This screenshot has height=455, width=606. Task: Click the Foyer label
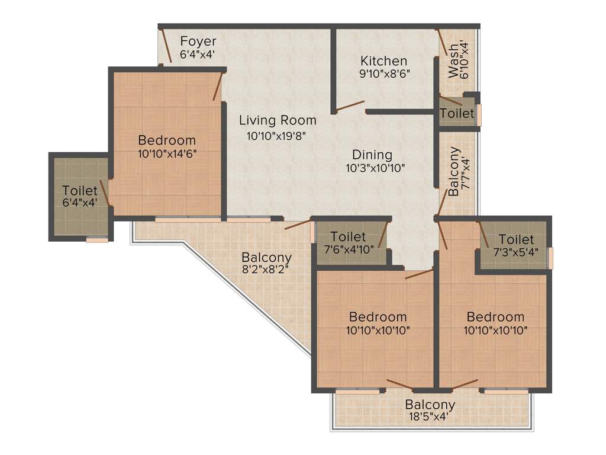(198, 41)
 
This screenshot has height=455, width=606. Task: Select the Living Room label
(278, 120)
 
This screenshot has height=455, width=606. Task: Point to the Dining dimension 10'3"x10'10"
(375, 168)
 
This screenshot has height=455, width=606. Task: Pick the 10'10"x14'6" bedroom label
(166, 140)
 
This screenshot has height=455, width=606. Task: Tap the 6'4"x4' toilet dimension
(79, 203)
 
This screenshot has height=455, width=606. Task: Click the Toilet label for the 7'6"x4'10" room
(348, 237)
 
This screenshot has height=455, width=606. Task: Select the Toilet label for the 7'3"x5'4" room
(516, 239)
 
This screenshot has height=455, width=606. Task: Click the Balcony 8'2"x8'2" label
(266, 258)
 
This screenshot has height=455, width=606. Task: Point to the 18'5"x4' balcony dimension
(430, 416)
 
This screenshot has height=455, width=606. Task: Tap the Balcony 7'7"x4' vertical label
(453, 172)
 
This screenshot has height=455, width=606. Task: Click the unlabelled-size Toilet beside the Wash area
(457, 113)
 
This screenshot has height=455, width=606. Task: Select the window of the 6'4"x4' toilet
(97, 239)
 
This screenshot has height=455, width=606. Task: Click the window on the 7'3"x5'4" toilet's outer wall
(550, 258)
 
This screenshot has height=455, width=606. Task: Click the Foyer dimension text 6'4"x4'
(198, 54)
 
